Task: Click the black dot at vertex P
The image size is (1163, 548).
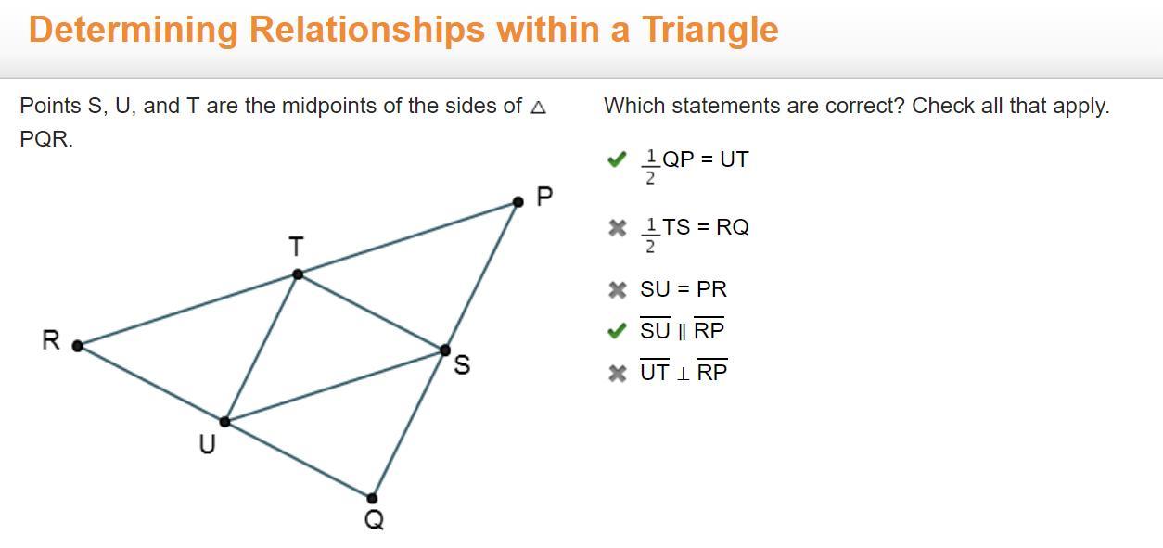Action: (518, 202)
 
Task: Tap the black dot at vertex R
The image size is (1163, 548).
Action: (77, 346)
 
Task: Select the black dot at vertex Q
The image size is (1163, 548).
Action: (372, 499)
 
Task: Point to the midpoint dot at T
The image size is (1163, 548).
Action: (298, 274)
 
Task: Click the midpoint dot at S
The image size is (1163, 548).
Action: (445, 350)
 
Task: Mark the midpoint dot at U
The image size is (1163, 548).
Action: (224, 422)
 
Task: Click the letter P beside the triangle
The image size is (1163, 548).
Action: (544, 197)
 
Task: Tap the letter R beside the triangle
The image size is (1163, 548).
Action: (51, 340)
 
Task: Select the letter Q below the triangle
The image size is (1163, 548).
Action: (375, 519)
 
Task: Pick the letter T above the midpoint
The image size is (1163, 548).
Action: (296, 247)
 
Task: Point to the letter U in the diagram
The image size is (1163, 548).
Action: (207, 444)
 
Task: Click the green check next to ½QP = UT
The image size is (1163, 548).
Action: (617, 159)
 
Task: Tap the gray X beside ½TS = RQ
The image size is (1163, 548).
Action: (618, 228)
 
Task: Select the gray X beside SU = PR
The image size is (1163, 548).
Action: (618, 290)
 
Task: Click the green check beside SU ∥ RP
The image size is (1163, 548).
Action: (617, 331)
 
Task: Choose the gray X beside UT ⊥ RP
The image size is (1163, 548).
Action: (618, 373)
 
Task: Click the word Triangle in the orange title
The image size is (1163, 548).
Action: (710, 30)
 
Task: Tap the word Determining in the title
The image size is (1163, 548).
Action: (134, 30)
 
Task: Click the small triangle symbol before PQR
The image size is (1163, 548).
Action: (539, 107)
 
